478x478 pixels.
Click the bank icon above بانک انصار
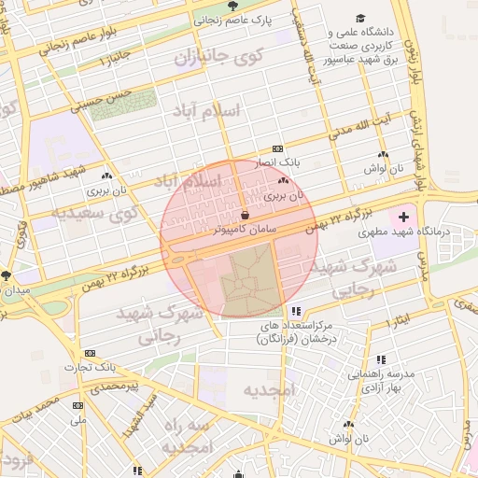277,148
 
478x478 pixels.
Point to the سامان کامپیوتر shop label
246,227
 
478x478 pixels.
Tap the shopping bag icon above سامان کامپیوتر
245,214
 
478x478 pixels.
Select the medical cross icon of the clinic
403,216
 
